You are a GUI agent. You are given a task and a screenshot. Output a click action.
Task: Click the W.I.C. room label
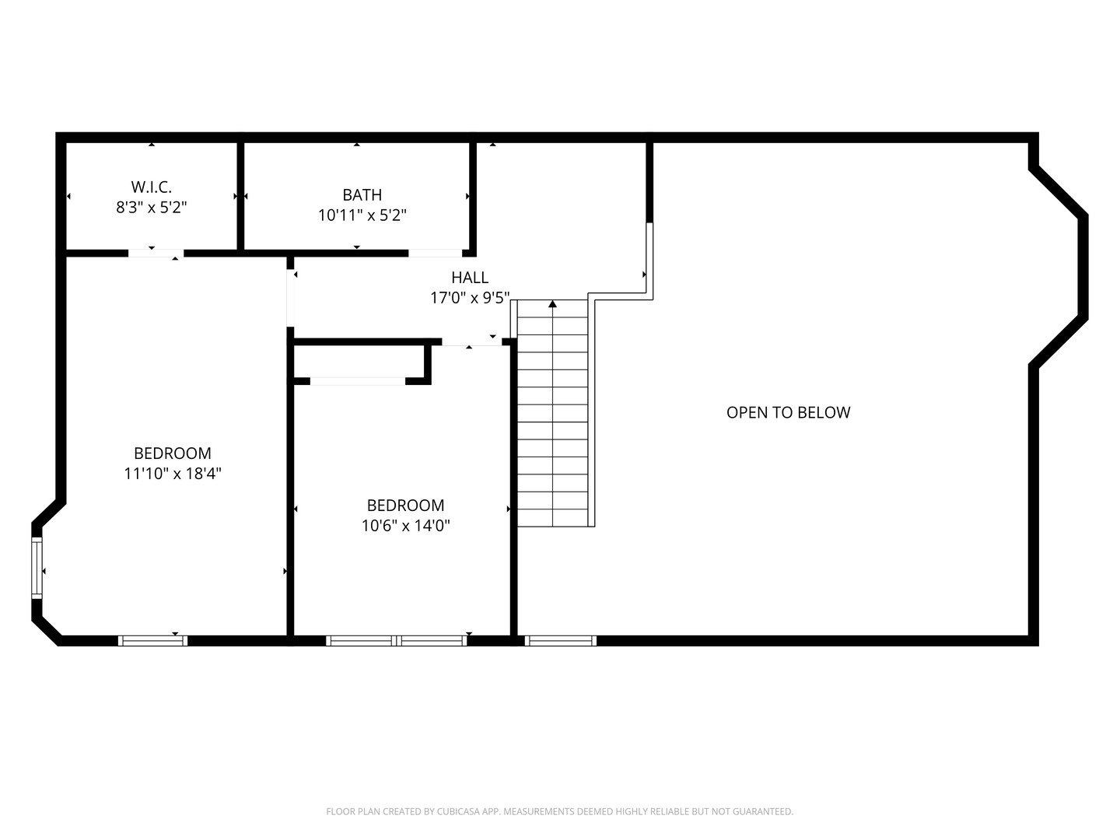click(x=151, y=187)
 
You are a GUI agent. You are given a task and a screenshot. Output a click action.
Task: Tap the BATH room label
click(x=362, y=194)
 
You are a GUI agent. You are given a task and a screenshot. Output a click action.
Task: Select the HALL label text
click(x=470, y=277)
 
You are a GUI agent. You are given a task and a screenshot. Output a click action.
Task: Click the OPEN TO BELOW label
click(x=788, y=412)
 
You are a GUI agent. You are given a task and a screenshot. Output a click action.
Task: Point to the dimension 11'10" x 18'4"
click(x=173, y=473)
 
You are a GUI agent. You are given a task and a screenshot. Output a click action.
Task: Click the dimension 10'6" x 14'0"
click(x=405, y=525)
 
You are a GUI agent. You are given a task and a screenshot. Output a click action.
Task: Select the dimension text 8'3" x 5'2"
click(x=151, y=207)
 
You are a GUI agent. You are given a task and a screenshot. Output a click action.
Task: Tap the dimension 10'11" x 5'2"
click(x=362, y=215)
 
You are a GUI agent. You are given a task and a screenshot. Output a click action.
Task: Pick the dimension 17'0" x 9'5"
click(x=470, y=297)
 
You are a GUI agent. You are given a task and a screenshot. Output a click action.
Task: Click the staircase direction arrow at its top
click(x=553, y=304)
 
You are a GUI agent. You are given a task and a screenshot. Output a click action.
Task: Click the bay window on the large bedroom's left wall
click(x=37, y=567)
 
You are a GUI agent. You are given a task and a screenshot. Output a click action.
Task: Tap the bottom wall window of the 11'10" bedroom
click(x=152, y=641)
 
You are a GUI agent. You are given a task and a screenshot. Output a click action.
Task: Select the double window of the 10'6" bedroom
click(x=397, y=641)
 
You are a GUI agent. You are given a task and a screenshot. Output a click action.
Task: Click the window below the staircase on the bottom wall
click(x=560, y=641)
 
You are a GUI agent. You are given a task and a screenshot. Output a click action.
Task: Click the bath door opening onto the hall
click(x=436, y=253)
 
